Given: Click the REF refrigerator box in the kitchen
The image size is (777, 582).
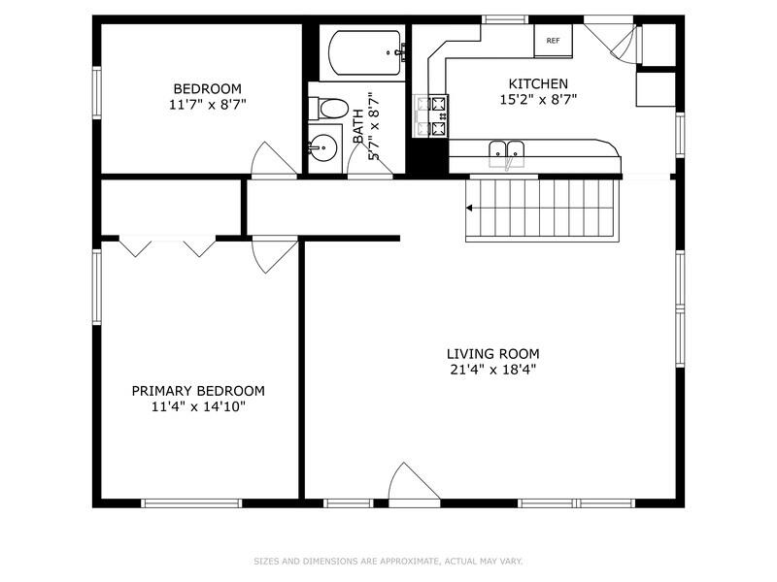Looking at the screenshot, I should coord(553,41).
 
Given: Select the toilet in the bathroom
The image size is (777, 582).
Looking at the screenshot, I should coord(332,108).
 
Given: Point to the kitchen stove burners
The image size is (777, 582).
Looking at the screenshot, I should coord(431,114).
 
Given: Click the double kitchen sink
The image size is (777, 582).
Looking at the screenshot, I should coord(506,149).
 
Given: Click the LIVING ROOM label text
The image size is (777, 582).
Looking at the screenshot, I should coord(492,354).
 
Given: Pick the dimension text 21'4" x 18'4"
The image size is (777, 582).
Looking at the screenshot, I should coord(492,370).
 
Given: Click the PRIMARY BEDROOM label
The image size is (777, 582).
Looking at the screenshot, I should coord(198,391).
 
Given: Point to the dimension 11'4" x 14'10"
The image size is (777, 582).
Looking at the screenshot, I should coord(198,406).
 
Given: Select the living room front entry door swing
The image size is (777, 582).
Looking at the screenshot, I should coord(412,482).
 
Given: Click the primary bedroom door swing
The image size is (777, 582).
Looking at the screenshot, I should coord(271,254).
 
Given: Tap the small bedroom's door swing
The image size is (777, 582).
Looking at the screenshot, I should coord(271,160).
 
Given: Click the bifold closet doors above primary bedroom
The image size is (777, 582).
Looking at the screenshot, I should coord(167,246).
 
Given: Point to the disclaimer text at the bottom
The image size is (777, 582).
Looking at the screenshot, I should coord(388,561).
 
